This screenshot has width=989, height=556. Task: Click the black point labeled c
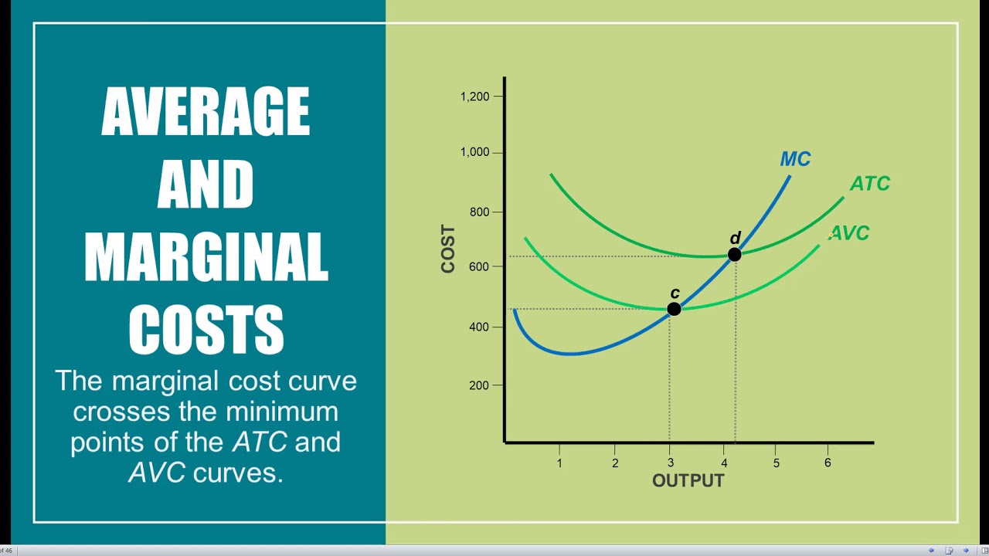point(674,309)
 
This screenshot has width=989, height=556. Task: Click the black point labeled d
point(735,254)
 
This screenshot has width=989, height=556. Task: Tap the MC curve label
point(795,159)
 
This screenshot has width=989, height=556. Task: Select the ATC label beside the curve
point(870,184)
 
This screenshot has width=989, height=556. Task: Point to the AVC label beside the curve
point(850,233)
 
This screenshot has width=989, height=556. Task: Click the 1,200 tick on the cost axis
point(474,97)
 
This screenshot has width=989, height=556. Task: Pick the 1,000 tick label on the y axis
point(474,152)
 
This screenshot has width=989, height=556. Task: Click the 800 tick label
point(480,212)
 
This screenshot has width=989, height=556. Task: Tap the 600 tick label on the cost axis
point(480,266)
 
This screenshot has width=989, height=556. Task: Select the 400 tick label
point(480,327)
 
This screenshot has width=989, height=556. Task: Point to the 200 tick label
point(480,385)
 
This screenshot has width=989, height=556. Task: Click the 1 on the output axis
point(559,463)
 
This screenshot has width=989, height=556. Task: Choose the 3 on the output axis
point(670,463)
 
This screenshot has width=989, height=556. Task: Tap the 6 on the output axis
point(828,463)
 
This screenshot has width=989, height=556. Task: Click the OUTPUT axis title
point(688,481)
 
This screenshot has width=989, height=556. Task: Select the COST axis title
point(448,249)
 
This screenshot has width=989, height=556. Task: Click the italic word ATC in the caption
point(260,442)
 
